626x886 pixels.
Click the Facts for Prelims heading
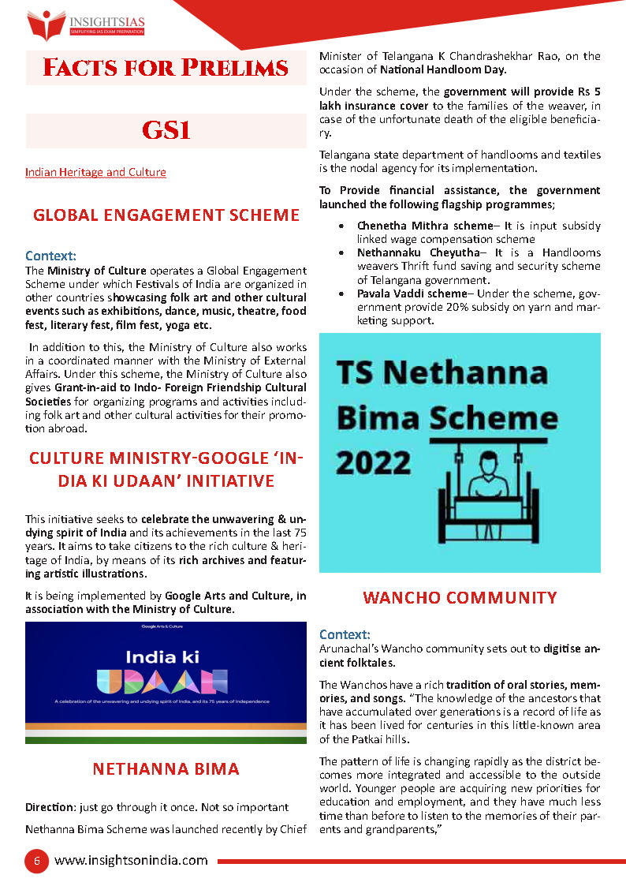tap(166, 68)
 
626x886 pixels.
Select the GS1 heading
tap(166, 130)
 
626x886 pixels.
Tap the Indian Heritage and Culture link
tap(95, 172)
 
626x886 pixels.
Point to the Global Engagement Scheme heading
tap(166, 215)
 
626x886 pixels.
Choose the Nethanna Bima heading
tap(166, 768)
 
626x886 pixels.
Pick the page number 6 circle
tap(36, 861)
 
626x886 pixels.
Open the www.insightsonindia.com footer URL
tap(131, 861)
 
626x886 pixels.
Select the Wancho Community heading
tap(459, 597)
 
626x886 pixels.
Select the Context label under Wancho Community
tap(344, 634)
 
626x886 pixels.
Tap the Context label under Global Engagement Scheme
tap(50, 256)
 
